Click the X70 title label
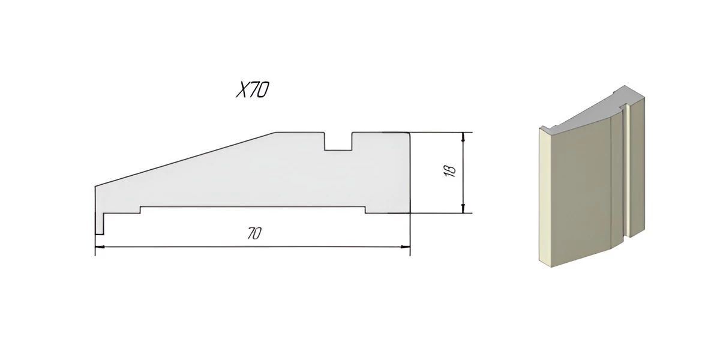point(253,89)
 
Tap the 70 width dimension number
point(254,233)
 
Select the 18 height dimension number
point(451,172)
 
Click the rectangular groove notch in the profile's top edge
point(338,141)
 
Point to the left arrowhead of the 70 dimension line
point(100,247)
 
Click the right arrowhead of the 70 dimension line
point(406,247)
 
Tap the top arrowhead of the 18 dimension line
point(463,137)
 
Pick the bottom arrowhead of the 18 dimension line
point(463,208)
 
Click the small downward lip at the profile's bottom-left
point(100,223)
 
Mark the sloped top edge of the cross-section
point(185,159)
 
